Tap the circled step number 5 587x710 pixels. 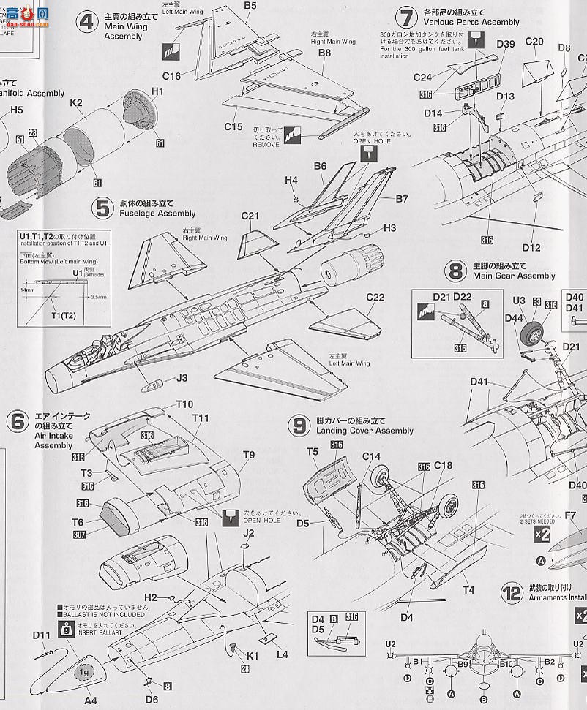tap(101, 208)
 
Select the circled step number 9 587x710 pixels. tap(298, 426)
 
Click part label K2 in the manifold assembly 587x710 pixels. tap(75, 104)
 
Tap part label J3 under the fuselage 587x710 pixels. tap(182, 377)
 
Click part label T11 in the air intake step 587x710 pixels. tap(201, 418)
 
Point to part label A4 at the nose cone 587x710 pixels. tap(90, 700)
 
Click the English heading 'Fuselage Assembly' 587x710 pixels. tap(157, 214)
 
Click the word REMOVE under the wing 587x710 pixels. tap(266, 146)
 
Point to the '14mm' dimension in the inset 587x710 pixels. tap(29, 290)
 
